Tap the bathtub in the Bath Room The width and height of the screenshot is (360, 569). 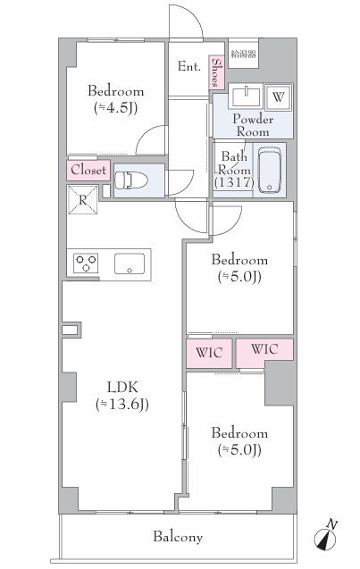tap(270, 170)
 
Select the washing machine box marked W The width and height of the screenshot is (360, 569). tap(278, 96)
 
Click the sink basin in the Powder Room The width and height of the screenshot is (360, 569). tap(246, 96)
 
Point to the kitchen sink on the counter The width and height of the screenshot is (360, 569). tap(130, 264)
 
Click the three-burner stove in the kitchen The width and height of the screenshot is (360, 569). tap(86, 264)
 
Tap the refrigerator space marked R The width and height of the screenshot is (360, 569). tap(83, 199)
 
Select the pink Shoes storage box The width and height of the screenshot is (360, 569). tap(216, 72)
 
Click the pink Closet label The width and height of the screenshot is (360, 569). tap(88, 171)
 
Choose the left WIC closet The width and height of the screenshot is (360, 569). tap(209, 353)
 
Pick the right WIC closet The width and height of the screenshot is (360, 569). tap(264, 350)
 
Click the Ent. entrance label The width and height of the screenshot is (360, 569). tap(188, 66)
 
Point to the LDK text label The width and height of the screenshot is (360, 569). tap(122, 387)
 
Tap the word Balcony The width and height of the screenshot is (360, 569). tap(178, 537)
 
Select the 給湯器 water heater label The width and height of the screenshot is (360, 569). tap(244, 54)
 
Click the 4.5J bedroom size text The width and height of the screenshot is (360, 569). tap(116, 108)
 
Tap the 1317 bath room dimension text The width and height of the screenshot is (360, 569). tap(234, 182)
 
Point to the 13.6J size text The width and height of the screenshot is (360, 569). tap(122, 405)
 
